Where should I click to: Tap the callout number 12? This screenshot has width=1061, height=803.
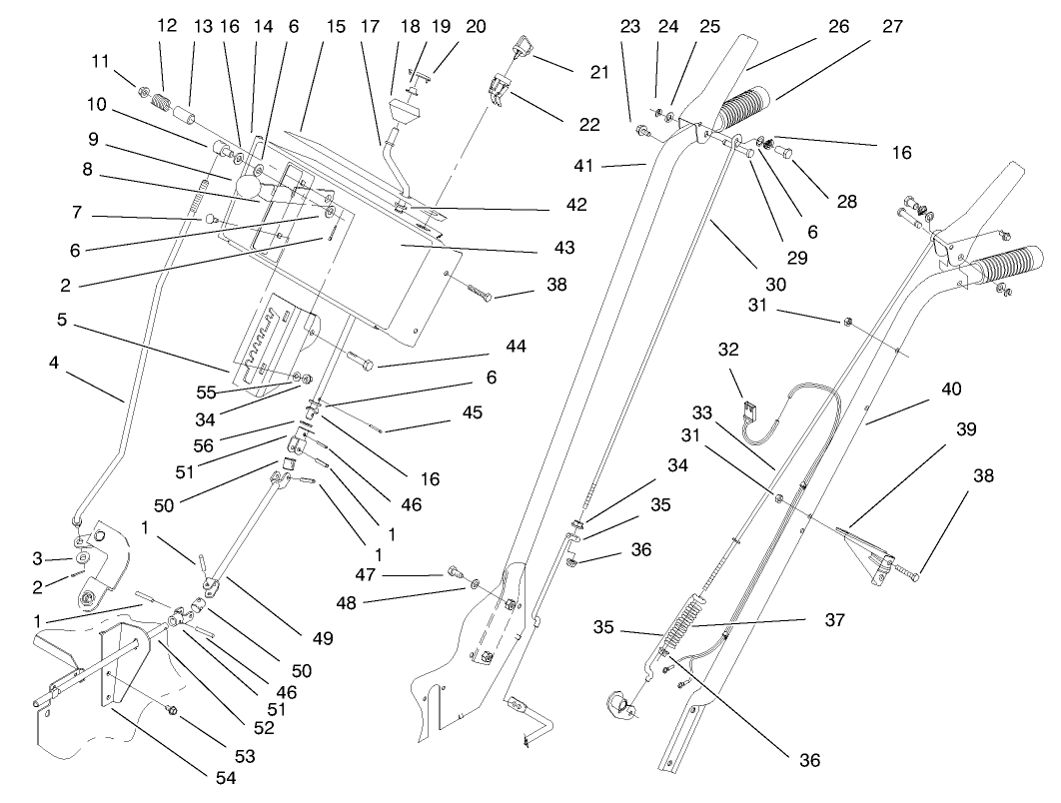pos(167,27)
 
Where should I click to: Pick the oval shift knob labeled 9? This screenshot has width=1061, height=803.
pos(250,188)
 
